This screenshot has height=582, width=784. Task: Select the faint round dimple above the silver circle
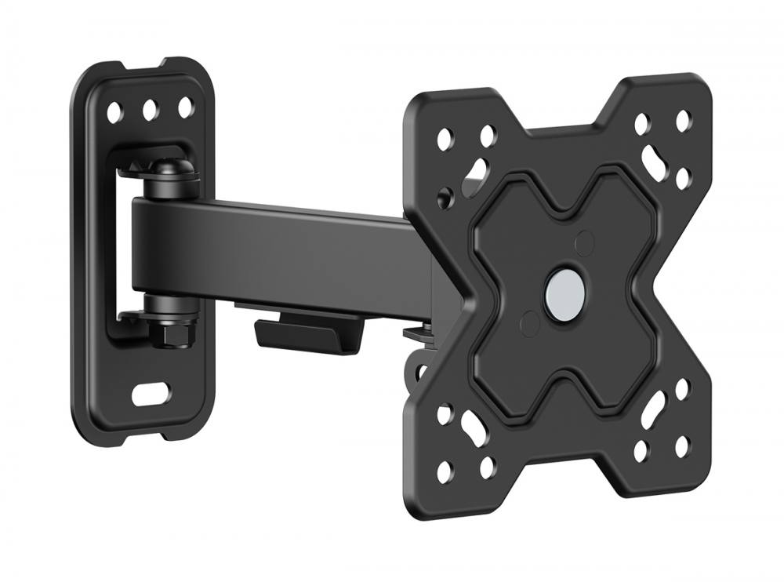584,239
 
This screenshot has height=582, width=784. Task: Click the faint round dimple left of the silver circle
530,321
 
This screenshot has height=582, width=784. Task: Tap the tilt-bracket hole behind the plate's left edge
448,191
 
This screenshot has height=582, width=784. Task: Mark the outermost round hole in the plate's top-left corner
445,140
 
